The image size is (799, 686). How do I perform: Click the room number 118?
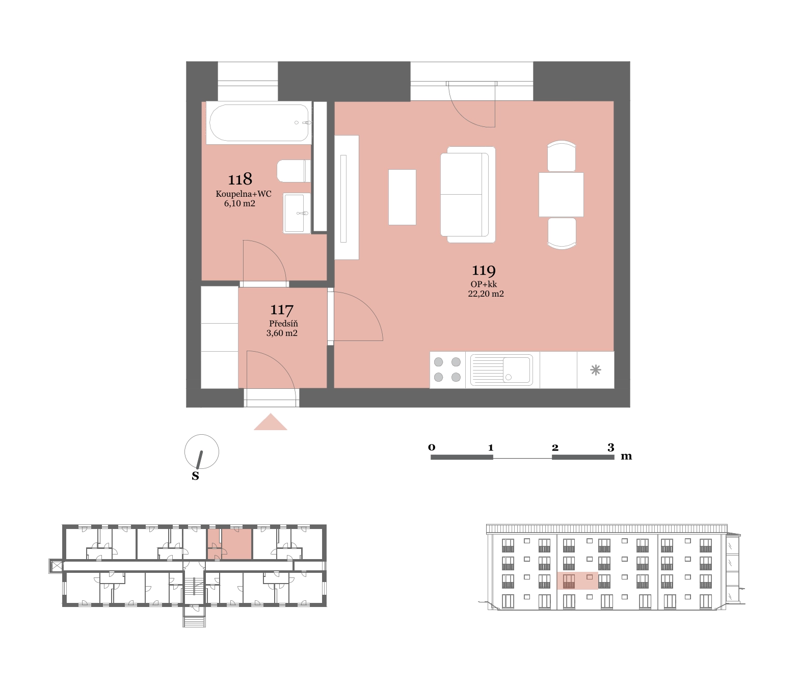click(240, 179)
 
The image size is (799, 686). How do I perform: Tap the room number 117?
click(282, 310)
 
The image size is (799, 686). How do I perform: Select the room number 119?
click(484, 270)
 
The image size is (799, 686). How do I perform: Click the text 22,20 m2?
click(486, 294)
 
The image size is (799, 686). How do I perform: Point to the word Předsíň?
click(283, 323)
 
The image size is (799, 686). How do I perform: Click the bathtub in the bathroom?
click(258, 123)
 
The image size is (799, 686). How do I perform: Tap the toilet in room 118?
click(294, 171)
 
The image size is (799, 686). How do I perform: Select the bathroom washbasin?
click(297, 213)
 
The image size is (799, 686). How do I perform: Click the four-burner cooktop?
click(447, 370)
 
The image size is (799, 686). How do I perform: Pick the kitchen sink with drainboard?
click(501, 370)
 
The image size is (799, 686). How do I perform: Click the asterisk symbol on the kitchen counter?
click(596, 370)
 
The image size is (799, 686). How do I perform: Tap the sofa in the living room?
click(468, 195)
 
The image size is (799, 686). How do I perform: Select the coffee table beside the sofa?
click(402, 197)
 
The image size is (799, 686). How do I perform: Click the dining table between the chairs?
click(561, 195)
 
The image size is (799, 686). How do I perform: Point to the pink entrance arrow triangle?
click(270, 422)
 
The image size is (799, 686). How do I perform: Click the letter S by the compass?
click(195, 476)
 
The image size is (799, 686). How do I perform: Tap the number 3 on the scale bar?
click(611, 447)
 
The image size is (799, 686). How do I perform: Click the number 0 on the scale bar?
click(432, 447)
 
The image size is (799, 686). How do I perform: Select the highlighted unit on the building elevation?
click(577, 581)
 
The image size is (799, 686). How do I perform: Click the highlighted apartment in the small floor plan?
click(230, 544)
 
